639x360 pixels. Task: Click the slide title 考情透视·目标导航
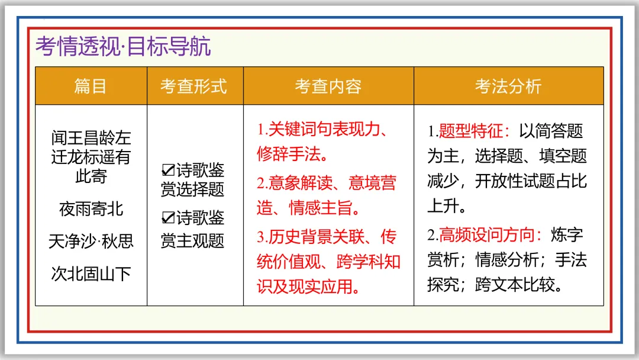123,47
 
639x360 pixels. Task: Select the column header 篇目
91,86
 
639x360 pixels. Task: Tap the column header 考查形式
193,86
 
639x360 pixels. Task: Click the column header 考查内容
328,86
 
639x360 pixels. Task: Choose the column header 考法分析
508,86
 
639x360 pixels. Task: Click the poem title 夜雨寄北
91,209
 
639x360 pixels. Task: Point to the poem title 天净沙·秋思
91,242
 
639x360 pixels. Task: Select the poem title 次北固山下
91,274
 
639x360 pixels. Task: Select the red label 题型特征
470,131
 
